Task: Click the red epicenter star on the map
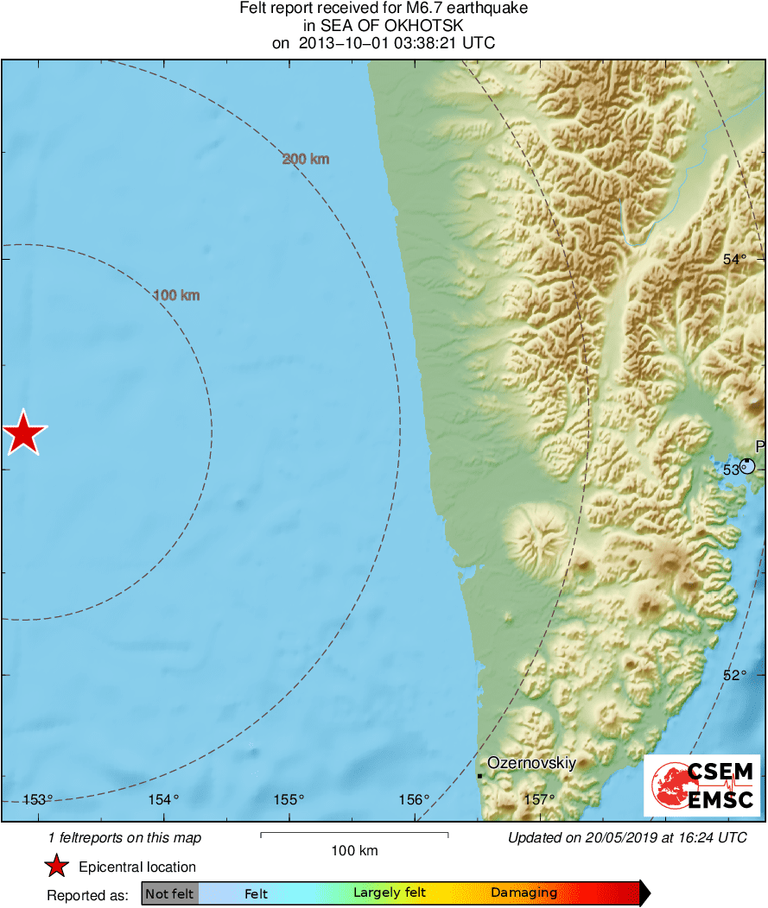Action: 23,432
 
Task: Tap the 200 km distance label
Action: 306,159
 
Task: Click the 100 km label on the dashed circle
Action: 176,295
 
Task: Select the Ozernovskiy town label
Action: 531,763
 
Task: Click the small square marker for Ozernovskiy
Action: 479,775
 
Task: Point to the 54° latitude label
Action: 734,259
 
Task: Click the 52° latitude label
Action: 734,675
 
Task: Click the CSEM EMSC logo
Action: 701,785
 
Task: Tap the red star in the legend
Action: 57,867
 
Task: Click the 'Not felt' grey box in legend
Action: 169,893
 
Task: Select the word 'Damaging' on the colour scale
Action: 524,893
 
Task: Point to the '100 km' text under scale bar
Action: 354,851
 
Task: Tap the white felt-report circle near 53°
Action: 747,466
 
